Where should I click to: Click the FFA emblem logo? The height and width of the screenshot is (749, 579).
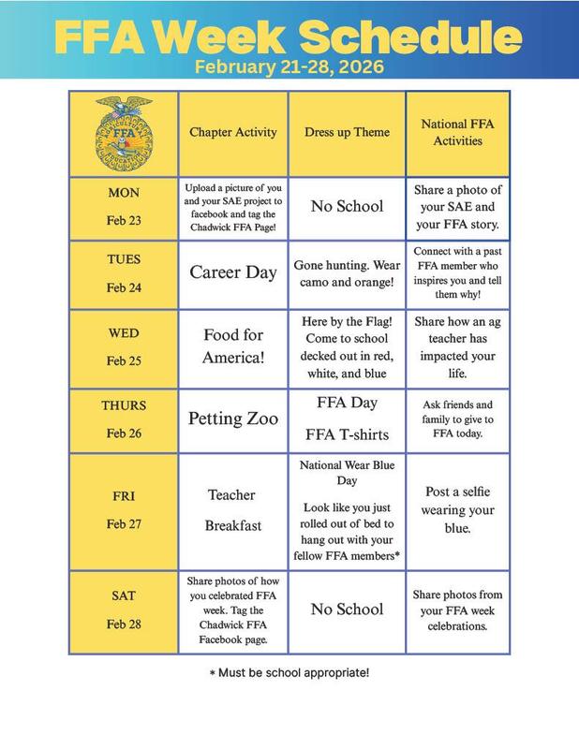point(123,132)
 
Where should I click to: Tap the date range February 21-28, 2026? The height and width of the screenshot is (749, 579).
point(289,67)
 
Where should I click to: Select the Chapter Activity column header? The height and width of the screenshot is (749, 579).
point(233,132)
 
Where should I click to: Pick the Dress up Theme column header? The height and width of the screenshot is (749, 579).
point(347,132)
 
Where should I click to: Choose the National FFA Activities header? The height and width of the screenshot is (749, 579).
point(458,132)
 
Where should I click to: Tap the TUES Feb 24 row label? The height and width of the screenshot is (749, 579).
point(123,272)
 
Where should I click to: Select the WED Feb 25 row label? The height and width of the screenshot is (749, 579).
point(123,346)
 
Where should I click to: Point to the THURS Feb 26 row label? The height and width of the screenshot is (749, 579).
point(123,419)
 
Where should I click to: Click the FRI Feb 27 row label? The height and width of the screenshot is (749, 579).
point(123,510)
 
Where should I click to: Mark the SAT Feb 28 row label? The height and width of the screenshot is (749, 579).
point(123,609)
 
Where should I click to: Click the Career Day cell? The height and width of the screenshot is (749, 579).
point(233,272)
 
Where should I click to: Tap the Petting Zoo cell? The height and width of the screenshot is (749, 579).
point(233,419)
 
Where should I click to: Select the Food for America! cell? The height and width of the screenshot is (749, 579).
point(233,346)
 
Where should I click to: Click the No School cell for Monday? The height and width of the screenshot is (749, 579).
point(347,206)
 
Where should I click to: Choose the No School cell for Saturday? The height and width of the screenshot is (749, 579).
point(347,609)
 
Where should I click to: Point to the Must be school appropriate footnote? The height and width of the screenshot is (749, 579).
point(289,672)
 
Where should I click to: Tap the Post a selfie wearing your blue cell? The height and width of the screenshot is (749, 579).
point(458,510)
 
